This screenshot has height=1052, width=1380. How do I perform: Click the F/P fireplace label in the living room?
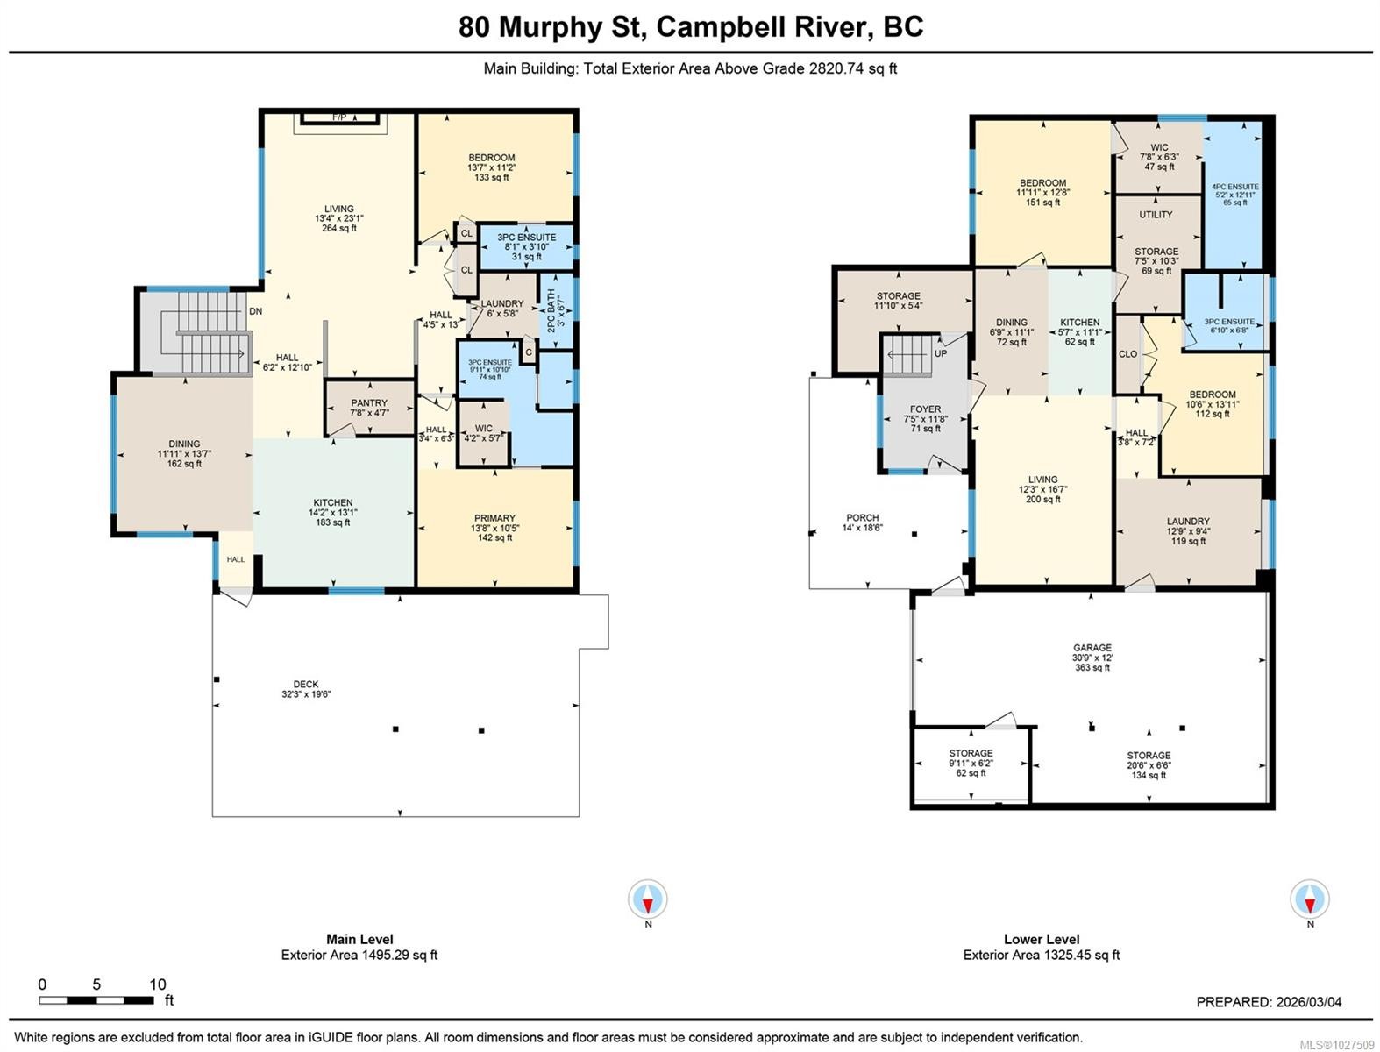coord(339,117)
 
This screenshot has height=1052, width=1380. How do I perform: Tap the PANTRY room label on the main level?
coord(369,403)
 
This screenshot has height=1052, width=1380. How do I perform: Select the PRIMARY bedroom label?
coord(494,518)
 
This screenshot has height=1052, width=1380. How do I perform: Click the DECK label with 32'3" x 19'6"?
coord(306,685)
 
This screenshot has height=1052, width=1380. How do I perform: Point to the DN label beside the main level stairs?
coord(255,311)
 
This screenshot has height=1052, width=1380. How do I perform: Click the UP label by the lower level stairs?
coord(941,353)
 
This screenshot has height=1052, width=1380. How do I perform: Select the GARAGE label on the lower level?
coord(1092,648)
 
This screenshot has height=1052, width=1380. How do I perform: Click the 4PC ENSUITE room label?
coord(1234,187)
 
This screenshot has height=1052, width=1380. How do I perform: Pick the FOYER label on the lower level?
coord(925,409)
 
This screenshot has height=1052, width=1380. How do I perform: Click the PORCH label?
coord(863,518)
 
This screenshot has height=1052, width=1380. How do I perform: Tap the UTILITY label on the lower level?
coord(1156,215)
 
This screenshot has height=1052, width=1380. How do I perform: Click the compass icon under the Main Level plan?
coord(648,900)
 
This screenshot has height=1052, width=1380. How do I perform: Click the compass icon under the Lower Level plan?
coord(1310,900)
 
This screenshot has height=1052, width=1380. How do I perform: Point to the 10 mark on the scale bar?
coord(157,984)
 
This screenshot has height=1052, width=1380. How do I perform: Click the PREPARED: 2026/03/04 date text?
coord(1269,1002)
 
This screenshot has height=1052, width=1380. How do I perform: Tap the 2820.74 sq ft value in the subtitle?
coord(850,68)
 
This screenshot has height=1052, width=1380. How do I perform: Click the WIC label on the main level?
coord(483,429)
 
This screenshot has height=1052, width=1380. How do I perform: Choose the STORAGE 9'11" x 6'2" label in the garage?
coord(971,754)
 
